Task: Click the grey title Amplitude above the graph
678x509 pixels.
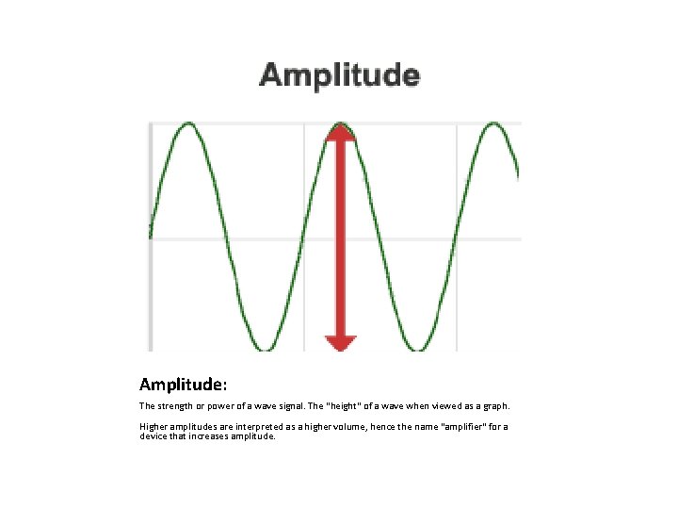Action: (339, 75)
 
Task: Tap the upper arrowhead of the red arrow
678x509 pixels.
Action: (340, 134)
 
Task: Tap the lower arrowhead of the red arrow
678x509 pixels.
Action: (340, 341)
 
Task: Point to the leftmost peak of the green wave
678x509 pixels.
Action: (189, 124)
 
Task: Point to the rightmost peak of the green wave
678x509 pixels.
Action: (493, 124)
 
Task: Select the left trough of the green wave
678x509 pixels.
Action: (266, 348)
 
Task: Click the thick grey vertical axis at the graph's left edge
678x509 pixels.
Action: (151, 236)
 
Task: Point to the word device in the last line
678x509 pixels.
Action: (153, 436)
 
